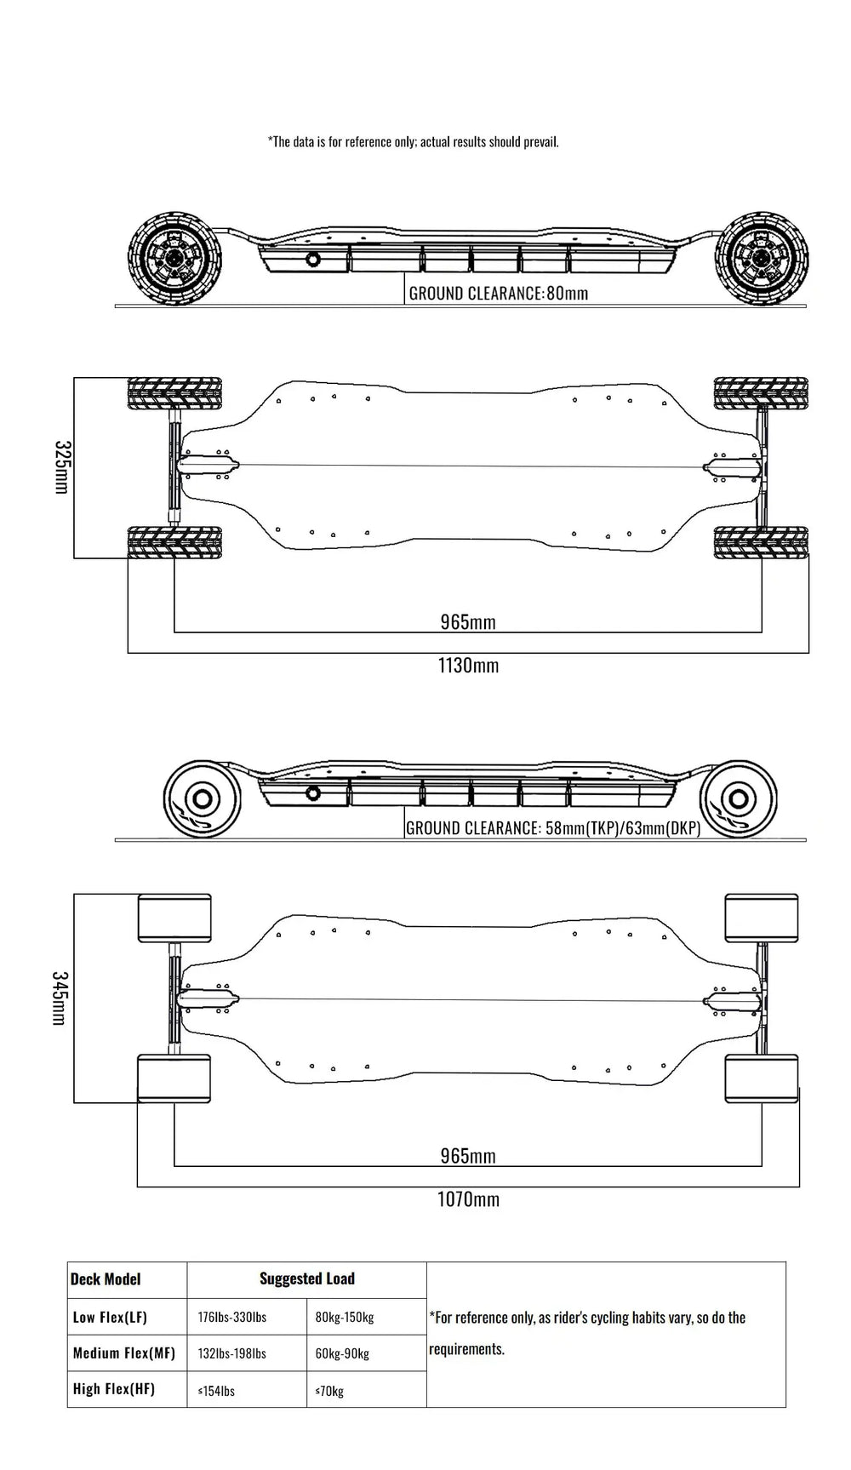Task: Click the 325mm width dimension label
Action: point(61,467)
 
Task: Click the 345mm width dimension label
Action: point(59,998)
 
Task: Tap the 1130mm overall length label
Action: point(468,665)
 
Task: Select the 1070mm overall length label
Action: point(468,1199)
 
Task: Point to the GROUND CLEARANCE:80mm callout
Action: point(499,294)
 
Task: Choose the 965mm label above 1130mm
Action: point(468,622)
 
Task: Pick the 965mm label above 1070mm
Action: point(468,1156)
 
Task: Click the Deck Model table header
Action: point(106,1278)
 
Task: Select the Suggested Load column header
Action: point(307,1278)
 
